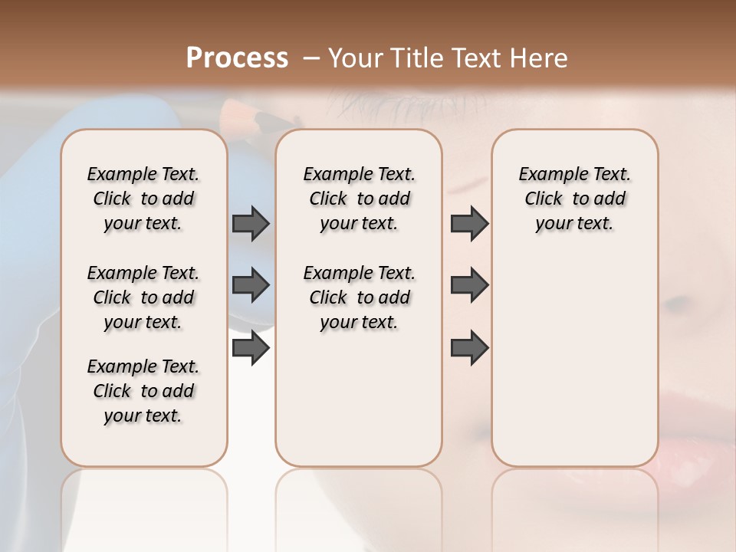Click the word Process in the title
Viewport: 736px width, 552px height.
(x=237, y=58)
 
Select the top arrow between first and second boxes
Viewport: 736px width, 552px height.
(x=251, y=223)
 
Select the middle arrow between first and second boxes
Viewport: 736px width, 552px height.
(x=251, y=285)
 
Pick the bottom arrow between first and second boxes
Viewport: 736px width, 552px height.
(x=251, y=347)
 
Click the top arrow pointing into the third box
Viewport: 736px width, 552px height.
(x=469, y=223)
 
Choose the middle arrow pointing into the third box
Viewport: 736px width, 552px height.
(x=469, y=285)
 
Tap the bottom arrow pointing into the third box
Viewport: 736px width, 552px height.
(x=469, y=347)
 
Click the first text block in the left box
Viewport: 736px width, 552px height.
(x=143, y=199)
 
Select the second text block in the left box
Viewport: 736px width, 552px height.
(x=143, y=297)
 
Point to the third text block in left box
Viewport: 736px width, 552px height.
(x=143, y=391)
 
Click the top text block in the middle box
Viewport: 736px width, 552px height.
(x=359, y=199)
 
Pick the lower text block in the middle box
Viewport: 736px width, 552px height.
(x=359, y=297)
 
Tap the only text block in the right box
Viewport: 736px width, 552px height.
(x=574, y=199)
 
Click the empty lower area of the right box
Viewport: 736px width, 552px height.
(x=574, y=368)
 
